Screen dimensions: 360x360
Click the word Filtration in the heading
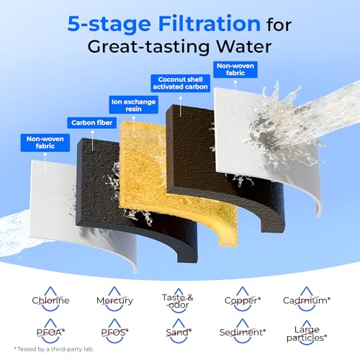click(210, 24)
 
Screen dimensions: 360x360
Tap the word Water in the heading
click(244, 46)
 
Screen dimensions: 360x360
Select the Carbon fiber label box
click(92, 122)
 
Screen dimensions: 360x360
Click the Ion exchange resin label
click(133, 105)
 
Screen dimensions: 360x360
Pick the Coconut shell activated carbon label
click(180, 83)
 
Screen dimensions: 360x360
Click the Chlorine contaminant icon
click(50, 300)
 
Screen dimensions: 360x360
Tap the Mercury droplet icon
click(114, 300)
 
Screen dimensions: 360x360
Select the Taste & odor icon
click(178, 300)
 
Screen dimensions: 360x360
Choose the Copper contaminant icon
click(243, 300)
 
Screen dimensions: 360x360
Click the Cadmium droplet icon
click(307, 300)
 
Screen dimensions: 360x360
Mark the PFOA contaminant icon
click(50, 331)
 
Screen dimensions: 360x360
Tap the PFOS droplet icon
click(114, 331)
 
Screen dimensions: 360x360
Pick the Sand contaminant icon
click(179, 331)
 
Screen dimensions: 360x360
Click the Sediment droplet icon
click(243, 331)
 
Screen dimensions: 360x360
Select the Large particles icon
click(307, 333)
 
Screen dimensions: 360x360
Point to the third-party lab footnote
click(54, 349)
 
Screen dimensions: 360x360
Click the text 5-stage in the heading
click(109, 24)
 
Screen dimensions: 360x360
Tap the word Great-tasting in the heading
click(148, 46)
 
